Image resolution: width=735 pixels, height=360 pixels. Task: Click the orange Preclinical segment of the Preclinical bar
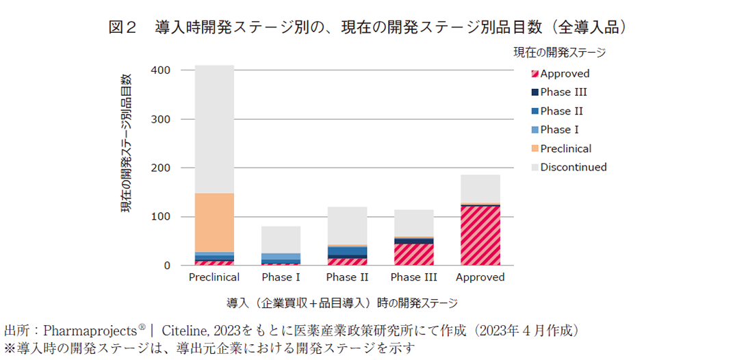tap(214, 222)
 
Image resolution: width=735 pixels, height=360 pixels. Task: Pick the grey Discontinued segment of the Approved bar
tap(480, 188)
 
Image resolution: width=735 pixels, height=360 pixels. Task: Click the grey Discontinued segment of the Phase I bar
tap(281, 240)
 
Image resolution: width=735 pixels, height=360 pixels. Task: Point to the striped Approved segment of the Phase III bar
tap(414, 254)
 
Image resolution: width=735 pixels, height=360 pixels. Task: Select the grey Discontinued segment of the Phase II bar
tap(347, 225)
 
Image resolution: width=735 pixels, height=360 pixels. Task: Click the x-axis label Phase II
tap(347, 277)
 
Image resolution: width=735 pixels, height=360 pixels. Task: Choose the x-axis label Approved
tap(480, 277)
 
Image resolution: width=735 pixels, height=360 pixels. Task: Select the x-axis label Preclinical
tap(214, 277)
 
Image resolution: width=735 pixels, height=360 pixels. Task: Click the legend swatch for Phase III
tap(533, 92)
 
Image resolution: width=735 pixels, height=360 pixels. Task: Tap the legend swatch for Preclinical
tap(533, 149)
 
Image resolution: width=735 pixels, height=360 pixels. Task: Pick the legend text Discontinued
tap(573, 167)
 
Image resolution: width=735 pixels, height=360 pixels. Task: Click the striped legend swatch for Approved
tap(533, 74)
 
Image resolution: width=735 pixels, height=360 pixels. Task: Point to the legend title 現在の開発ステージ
tap(559, 51)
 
